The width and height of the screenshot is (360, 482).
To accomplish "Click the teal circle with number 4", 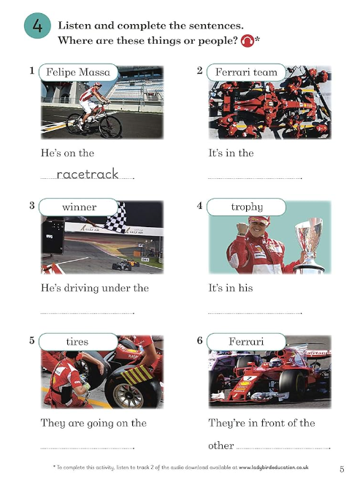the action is coord(37,26).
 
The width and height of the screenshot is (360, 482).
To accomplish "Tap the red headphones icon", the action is coord(248,41).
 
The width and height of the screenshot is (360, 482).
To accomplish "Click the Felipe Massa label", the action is coord(78,72).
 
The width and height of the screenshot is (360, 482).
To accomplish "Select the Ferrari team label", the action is coord(246,72).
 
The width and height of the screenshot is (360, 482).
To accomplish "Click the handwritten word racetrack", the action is coord(88,174).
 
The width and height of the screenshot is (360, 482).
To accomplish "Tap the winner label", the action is coord(78,207).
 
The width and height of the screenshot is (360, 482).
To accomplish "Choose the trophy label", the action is coord(246,207).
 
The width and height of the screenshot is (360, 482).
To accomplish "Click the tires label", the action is coord(78,342).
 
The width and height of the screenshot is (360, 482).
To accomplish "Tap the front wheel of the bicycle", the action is coord(110,126).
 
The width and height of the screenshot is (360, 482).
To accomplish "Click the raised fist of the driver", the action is coord(243,229).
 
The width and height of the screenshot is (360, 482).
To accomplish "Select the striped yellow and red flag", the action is coord(137,375).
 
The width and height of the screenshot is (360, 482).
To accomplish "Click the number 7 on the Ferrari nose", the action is coord(249,378).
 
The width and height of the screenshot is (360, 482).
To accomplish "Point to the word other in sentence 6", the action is coord(221,445).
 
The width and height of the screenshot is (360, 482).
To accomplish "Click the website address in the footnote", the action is coord(273,467).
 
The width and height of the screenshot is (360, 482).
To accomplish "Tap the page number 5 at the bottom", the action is coord(342,470).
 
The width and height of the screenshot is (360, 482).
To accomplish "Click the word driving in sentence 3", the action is coord(82,288).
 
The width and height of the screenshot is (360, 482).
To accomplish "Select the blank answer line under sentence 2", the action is coord(255,178).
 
